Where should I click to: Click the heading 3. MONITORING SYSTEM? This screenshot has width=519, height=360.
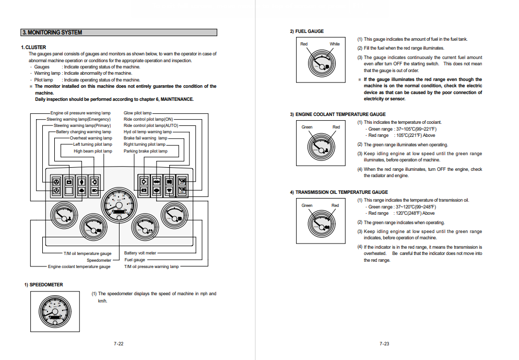tap(52, 32)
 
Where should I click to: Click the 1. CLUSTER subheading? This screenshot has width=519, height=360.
tap(33, 48)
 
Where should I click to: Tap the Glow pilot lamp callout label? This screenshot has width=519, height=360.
tap(137, 113)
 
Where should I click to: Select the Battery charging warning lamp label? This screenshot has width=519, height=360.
tap(84, 132)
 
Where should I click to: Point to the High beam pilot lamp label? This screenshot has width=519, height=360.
tap(93, 151)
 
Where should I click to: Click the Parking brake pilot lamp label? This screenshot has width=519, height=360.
tap(146, 151)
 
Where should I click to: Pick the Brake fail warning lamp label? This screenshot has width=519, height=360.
tap(146, 138)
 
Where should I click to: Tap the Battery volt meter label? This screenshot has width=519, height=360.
tap(140, 253)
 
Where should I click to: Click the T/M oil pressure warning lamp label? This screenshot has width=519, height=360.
tap(151, 266)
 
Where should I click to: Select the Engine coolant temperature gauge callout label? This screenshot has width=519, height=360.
tap(79, 266)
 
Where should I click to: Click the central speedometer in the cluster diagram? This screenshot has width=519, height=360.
tap(119, 205)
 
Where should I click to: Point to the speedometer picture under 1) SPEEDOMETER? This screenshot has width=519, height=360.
tap(55, 311)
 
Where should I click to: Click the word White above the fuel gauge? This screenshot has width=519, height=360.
tap(335, 44)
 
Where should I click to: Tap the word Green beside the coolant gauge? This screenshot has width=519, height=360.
tap(307, 127)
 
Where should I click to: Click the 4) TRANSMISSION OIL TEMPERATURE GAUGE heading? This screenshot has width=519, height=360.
tap(339, 192)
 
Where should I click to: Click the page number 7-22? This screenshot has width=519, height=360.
tap(119, 343)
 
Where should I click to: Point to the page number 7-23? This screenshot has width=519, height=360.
tap(384, 343)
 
